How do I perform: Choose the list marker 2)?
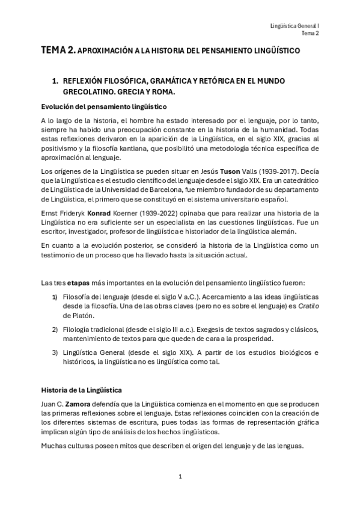[x=55, y=330]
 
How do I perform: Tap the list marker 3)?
[x=55, y=352]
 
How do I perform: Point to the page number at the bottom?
[x=180, y=476]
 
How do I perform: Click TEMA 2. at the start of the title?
[x=58, y=52]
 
